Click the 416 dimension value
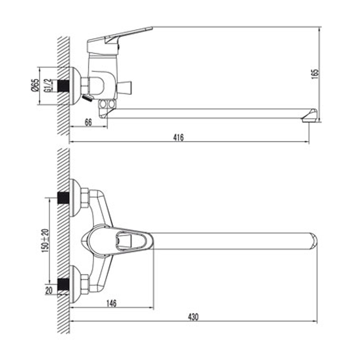coord(178,138)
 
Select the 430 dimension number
coord(193,317)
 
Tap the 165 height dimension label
coord(315,74)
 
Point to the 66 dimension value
coord(88,122)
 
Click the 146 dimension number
coord(111,303)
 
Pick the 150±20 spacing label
coord(45,241)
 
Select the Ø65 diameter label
coord(35,85)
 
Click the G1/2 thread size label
coord(47,85)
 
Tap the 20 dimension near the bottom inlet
coord(49,291)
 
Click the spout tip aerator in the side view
coord(310,116)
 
